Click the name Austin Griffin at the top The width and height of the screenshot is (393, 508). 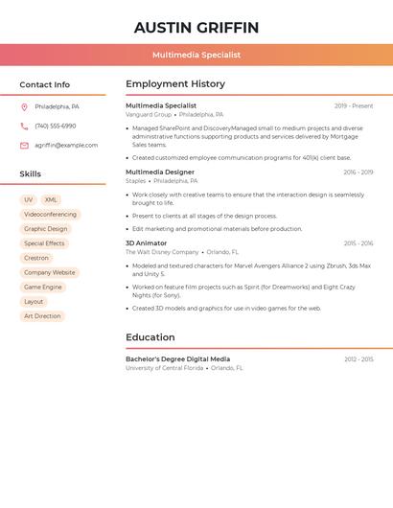tap(196, 27)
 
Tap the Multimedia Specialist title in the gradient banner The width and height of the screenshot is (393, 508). tap(196, 55)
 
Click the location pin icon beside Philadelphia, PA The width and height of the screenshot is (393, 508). tap(24, 106)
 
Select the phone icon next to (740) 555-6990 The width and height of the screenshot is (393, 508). tap(24, 126)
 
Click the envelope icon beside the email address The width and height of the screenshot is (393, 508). tap(24, 145)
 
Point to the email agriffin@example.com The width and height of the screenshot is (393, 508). tap(66, 145)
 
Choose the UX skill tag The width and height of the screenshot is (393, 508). tap(28, 199)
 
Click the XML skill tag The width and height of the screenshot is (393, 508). tap(51, 199)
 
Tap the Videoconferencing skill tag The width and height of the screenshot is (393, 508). tap(50, 215)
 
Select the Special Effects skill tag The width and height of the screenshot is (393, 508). tap(44, 243)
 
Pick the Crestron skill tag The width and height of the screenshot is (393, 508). tap(36, 258)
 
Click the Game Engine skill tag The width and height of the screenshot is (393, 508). tap(42, 287)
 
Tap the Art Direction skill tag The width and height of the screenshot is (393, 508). tap(42, 315)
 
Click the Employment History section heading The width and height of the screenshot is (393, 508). tap(175, 84)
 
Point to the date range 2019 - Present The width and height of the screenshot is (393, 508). tap(354, 105)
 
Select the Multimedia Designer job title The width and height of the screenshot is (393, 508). tap(160, 173)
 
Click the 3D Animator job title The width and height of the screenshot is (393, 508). tap(146, 243)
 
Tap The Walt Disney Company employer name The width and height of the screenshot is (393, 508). tap(162, 252)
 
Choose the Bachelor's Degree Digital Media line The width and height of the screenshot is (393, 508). tap(177, 359)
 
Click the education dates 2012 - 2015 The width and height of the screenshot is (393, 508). tap(358, 359)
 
